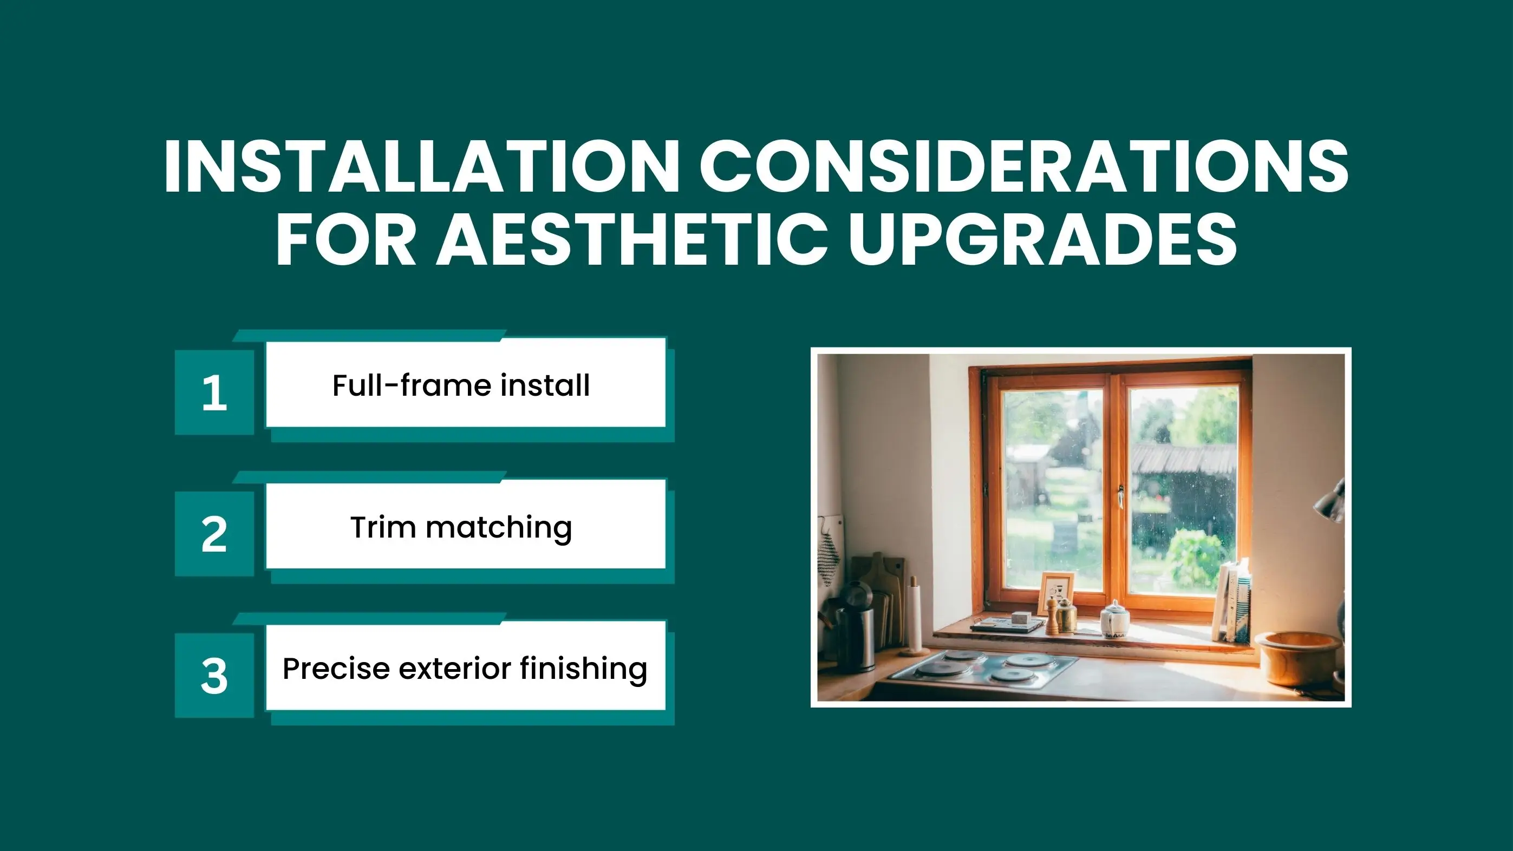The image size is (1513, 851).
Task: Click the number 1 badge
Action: [214, 392]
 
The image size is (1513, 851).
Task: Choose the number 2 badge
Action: [214, 534]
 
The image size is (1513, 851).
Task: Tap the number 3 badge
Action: [214, 676]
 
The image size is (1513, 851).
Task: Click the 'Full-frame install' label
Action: [461, 385]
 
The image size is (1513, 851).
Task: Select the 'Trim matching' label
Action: [461, 527]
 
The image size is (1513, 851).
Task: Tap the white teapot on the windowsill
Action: [1114, 620]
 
